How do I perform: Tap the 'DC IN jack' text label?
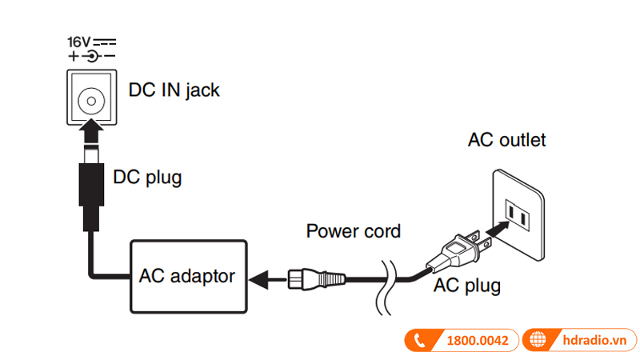[x=174, y=90]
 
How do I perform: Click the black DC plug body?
[x=92, y=184]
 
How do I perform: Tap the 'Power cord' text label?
[x=353, y=232]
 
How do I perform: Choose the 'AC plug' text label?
[x=467, y=286]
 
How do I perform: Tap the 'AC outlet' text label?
[x=506, y=140]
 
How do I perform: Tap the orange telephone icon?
[x=418, y=340]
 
